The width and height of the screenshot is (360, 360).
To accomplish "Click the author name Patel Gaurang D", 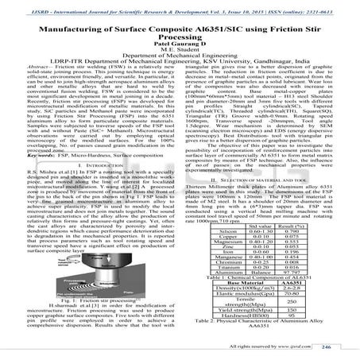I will [x=180, y=44].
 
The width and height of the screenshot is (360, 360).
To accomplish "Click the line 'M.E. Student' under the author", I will [x=180, y=52].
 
